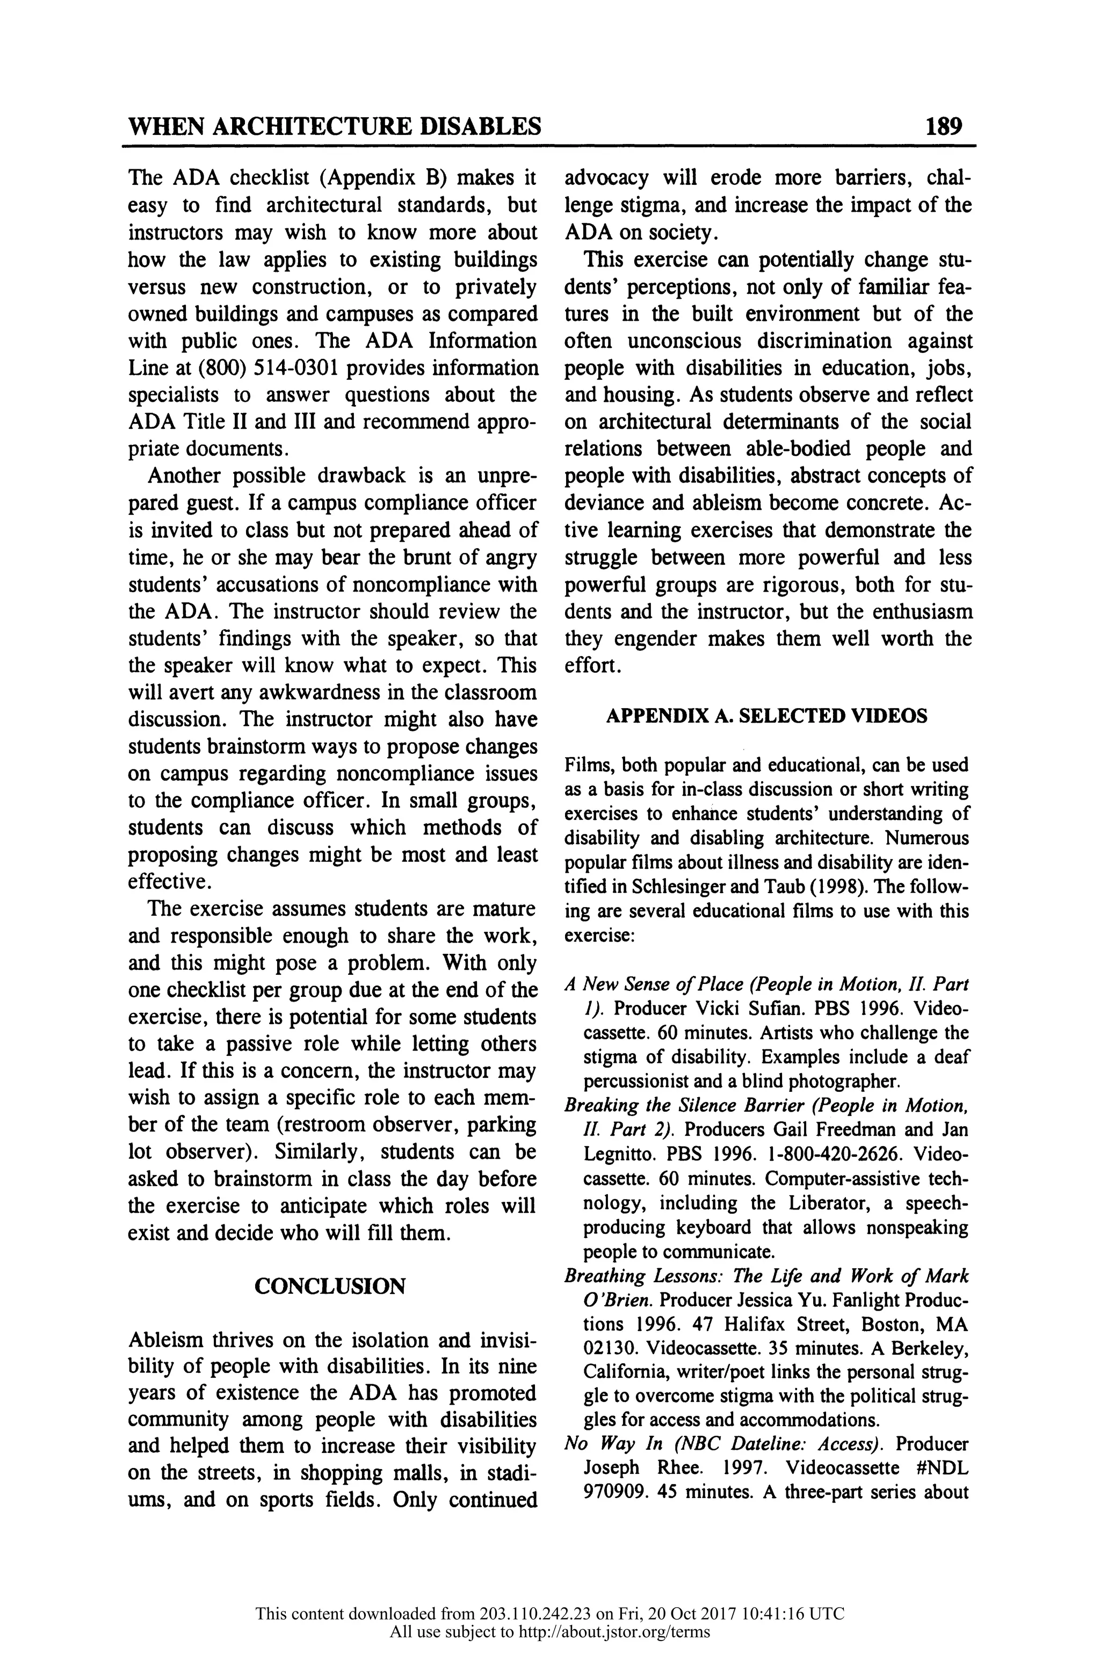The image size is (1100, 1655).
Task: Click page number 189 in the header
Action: point(944,126)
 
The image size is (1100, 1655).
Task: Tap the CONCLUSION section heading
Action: point(330,1286)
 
